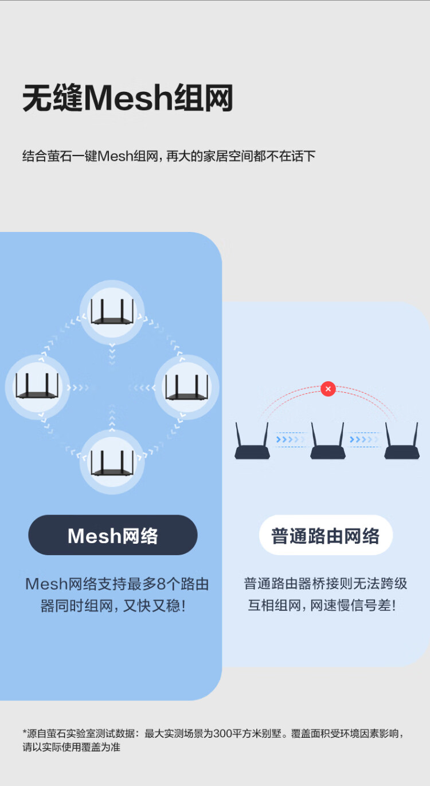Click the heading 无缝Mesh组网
(128, 98)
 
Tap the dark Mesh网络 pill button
(113, 535)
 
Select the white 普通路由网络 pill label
(326, 535)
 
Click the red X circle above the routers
(328, 389)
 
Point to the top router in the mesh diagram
(112, 312)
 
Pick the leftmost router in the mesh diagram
(37, 386)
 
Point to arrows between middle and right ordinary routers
(365, 440)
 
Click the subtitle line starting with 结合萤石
(169, 156)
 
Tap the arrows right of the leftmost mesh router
(78, 388)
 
